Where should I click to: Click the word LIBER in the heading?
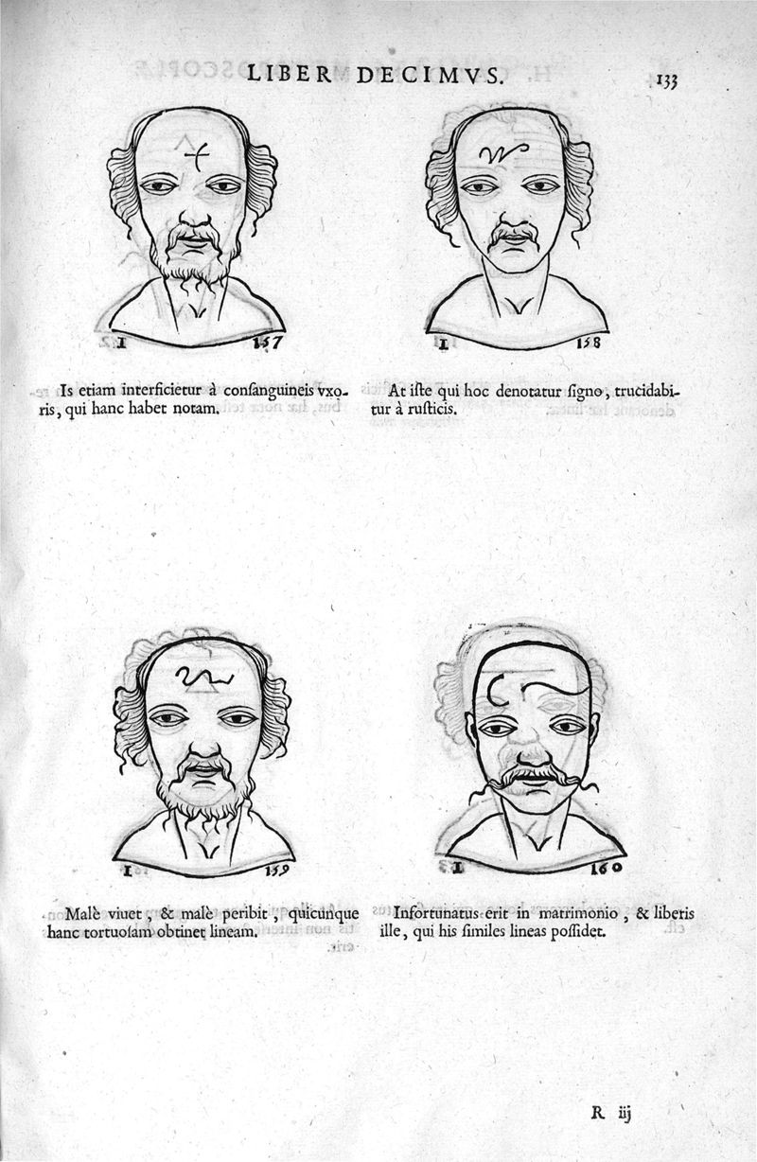click(289, 74)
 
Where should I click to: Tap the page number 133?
click(667, 80)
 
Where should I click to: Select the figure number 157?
click(268, 343)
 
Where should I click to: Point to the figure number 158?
click(589, 343)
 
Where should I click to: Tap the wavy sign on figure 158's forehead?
click(503, 152)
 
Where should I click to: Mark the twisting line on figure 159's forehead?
click(202, 676)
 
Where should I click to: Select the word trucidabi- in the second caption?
click(647, 392)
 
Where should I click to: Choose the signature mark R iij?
click(610, 1113)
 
